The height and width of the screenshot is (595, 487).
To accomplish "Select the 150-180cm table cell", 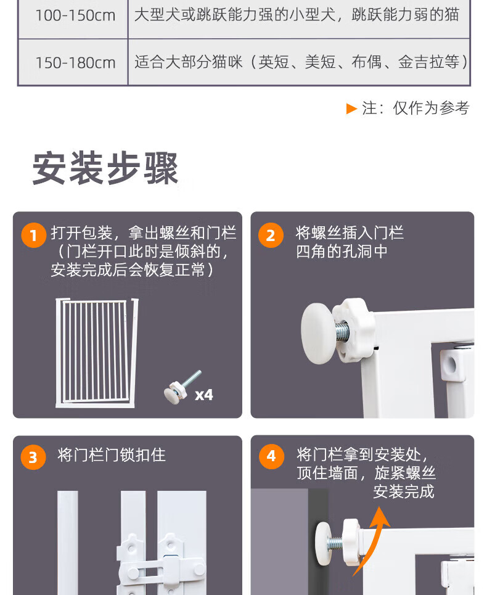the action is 73,62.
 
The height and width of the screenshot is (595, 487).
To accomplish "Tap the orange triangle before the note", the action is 351,109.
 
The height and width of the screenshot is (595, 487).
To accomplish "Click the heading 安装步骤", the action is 105,168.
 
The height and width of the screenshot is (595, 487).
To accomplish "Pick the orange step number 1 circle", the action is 34,235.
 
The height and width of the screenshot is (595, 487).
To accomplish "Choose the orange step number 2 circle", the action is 271,235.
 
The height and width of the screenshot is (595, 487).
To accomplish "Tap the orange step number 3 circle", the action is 33,457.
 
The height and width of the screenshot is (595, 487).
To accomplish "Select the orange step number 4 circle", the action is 271,456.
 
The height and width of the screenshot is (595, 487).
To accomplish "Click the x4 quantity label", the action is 203,395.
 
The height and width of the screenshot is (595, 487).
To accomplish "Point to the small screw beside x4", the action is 182,387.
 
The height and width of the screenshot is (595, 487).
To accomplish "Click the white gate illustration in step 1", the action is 97,353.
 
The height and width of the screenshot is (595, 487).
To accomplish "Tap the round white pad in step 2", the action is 318,333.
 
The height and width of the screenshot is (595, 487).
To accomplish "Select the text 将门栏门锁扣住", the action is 112,455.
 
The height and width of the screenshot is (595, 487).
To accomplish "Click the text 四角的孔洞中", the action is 342,251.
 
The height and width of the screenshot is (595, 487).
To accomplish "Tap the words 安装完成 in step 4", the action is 404,491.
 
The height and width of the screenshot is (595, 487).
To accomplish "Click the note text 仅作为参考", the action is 432,108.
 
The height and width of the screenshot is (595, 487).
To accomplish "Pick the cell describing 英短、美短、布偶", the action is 299,62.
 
